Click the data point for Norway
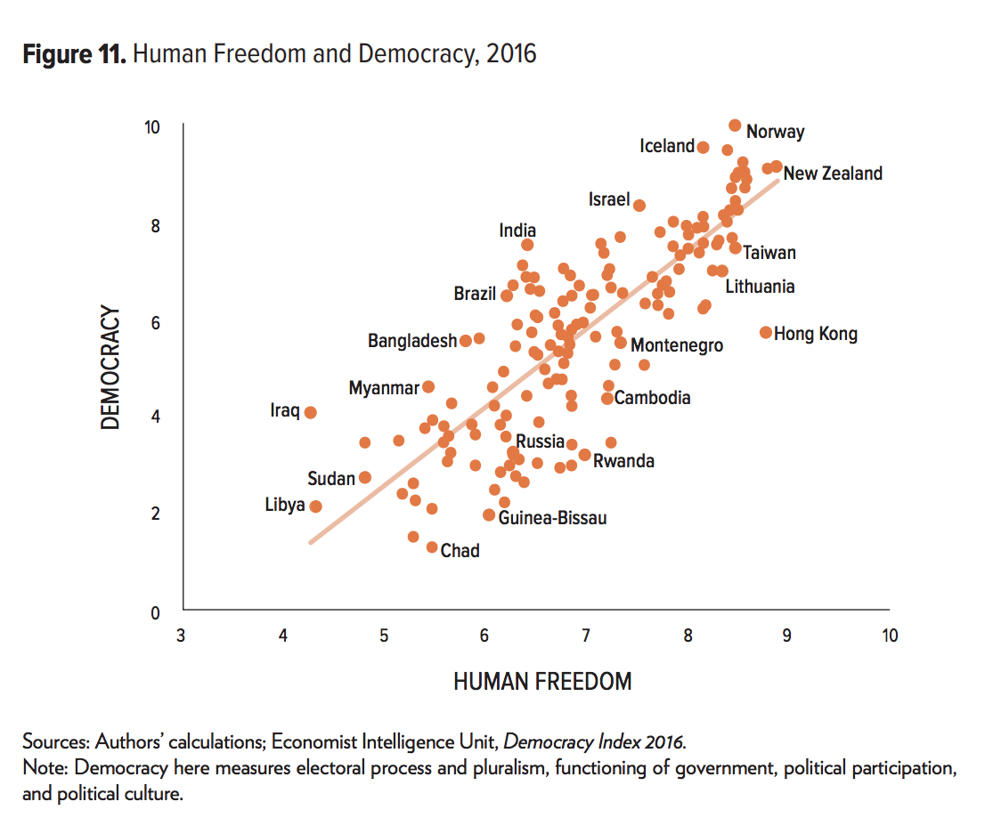pos(735,126)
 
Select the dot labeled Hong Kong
pos(765,332)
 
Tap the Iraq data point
pos(310,412)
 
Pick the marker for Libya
pos(315,506)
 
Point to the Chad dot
pos(432,547)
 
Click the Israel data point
pos(639,205)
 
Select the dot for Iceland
pos(703,147)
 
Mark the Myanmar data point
pos(427,386)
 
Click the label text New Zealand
pos(833,174)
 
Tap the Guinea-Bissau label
pos(552,518)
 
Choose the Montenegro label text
pos(677,345)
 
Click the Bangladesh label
pos(411,341)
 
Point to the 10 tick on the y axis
pos(152,127)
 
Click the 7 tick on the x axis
pos(585,636)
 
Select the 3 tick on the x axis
pos(181,636)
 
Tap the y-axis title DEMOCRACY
pos(110,368)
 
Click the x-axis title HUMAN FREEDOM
pos(542,682)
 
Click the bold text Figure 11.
pos(75,54)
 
